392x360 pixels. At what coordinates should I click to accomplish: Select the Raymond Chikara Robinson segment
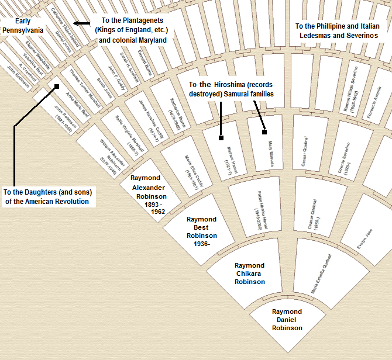[x=250, y=274]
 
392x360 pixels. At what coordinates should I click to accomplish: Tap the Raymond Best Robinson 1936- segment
[x=201, y=231]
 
